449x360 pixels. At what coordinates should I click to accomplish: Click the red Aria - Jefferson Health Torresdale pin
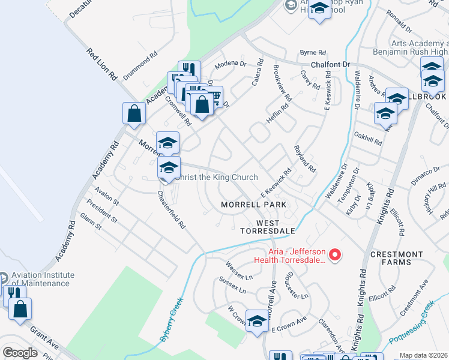(x=336, y=255)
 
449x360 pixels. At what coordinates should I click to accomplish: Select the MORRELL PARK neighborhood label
(x=253, y=205)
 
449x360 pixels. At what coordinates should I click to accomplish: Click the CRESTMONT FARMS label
(x=396, y=258)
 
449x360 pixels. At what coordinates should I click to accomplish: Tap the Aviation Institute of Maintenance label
(x=43, y=279)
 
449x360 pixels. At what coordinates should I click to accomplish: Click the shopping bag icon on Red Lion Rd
(x=134, y=113)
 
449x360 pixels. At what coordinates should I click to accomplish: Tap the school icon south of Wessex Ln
(x=257, y=321)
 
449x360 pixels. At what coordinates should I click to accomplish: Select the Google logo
(x=20, y=353)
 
